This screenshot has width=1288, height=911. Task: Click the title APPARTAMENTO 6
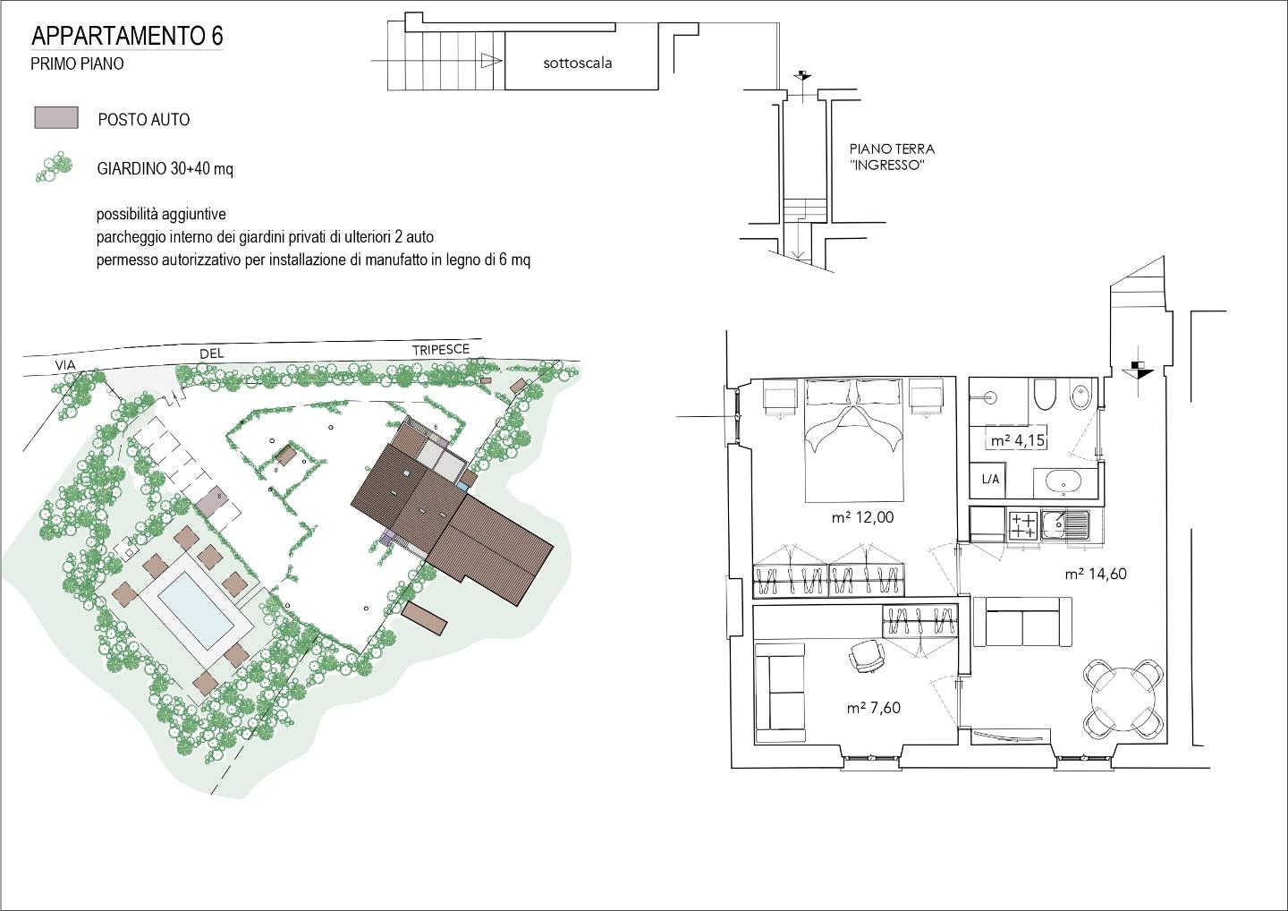click(127, 36)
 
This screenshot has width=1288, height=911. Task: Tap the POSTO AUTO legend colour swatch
click(56, 118)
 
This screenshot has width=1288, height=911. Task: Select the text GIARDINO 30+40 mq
click(165, 169)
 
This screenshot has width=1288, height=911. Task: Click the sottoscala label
click(577, 64)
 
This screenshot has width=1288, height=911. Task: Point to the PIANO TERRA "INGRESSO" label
click(892, 157)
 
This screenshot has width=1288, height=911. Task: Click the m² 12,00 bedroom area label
click(862, 517)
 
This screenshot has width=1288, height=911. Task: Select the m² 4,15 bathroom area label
click(1017, 440)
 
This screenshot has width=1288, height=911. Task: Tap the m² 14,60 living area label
click(1096, 574)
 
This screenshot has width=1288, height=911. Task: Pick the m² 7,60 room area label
click(873, 708)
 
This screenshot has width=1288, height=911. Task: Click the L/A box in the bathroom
click(990, 479)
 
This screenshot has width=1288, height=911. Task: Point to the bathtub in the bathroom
click(1065, 483)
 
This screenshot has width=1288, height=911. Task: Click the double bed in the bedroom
click(853, 440)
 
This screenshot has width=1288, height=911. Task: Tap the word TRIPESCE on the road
click(441, 349)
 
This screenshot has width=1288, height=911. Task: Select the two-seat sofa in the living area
click(1023, 622)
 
